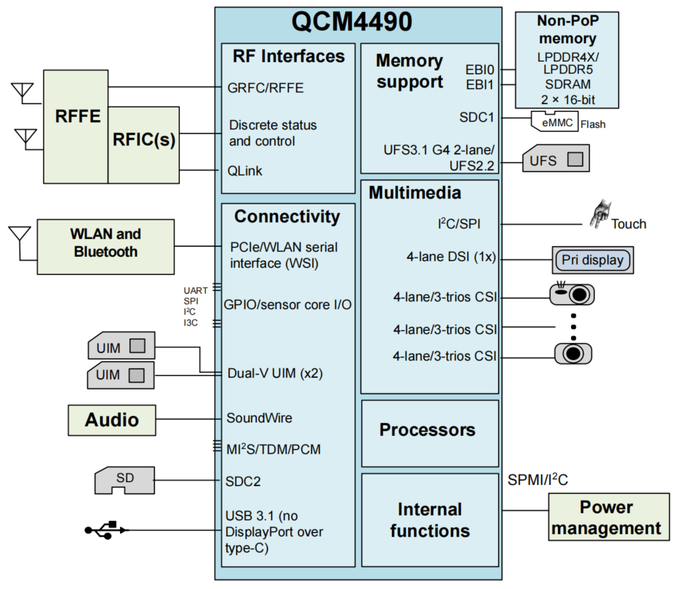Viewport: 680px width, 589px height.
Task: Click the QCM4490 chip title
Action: [x=352, y=22]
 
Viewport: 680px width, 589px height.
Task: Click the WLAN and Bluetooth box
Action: [x=106, y=243]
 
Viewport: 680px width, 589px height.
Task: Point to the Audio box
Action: [x=112, y=419]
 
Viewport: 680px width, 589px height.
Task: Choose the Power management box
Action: [x=606, y=517]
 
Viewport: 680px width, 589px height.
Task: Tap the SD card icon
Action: [x=124, y=480]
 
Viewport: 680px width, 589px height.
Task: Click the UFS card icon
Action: [x=555, y=159]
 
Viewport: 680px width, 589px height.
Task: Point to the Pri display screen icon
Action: [x=592, y=259]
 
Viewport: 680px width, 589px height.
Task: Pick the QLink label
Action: [x=244, y=170]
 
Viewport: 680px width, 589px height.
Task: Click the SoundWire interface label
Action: [x=259, y=418]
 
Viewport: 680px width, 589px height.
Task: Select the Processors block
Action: [x=428, y=430]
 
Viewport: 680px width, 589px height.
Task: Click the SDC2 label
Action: [x=243, y=480]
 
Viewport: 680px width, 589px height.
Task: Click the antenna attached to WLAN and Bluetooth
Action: [x=20, y=235]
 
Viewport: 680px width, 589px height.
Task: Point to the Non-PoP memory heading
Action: [x=567, y=29]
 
